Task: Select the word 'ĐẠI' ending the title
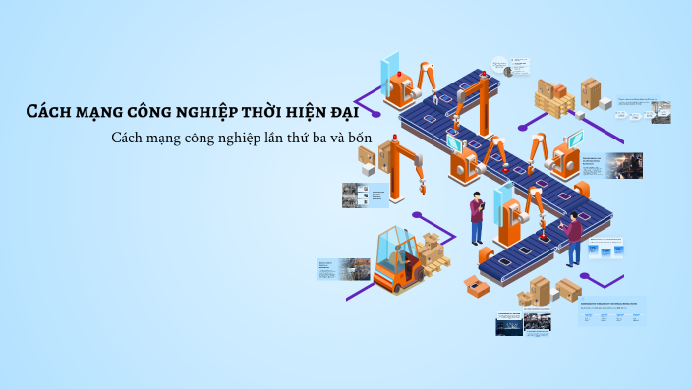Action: point(352,110)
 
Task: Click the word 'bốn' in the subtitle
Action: point(359,137)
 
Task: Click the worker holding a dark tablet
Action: point(477,218)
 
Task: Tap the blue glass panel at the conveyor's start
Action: point(391,64)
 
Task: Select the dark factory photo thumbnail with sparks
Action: point(623,166)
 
